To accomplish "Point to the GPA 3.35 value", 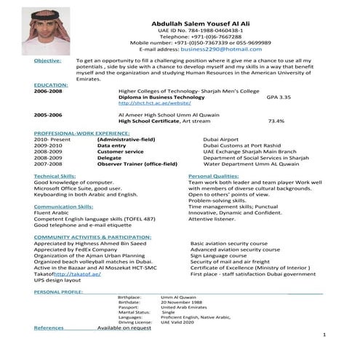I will coord(279,97).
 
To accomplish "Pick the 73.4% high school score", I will coord(276,121).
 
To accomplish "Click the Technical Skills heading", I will coord(55,176).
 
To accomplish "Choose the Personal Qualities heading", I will coord(213,176).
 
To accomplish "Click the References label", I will coord(49,328).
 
